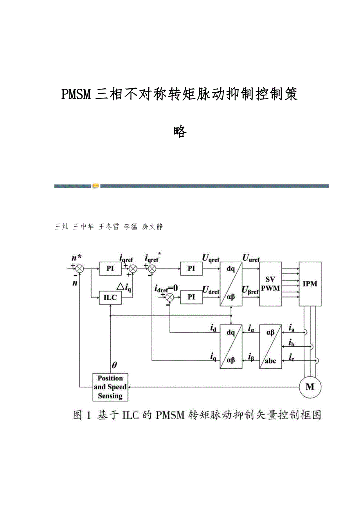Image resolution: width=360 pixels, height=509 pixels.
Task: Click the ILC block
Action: tap(110, 298)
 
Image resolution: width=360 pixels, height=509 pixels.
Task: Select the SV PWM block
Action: tap(270, 284)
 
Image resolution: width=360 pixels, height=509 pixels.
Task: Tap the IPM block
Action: tap(310, 284)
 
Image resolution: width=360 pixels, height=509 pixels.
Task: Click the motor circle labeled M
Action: tap(310, 387)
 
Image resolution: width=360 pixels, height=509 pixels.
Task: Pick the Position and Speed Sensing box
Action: tap(110, 387)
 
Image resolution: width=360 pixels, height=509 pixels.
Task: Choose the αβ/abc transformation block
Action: tap(270, 346)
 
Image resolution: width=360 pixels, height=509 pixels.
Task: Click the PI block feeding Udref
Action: tap(191, 297)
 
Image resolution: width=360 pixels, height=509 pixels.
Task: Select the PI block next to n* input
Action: tap(110, 269)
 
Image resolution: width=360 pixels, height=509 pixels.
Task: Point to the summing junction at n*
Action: tap(79, 269)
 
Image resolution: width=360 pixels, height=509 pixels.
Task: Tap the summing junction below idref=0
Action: tap(169, 297)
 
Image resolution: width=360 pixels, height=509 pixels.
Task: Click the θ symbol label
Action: tap(114, 366)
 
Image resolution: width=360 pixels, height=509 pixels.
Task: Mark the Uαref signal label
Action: tap(251, 258)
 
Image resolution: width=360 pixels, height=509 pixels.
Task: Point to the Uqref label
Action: tap(211, 258)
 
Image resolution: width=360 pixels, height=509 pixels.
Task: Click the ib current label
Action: tap(291, 343)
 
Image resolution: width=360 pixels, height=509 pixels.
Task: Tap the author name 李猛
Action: tap(131, 227)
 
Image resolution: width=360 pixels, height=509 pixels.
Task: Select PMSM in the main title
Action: tap(76, 95)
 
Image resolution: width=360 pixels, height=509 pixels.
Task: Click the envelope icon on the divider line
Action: tap(96, 186)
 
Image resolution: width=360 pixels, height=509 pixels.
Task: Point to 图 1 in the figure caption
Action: tap(83, 415)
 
